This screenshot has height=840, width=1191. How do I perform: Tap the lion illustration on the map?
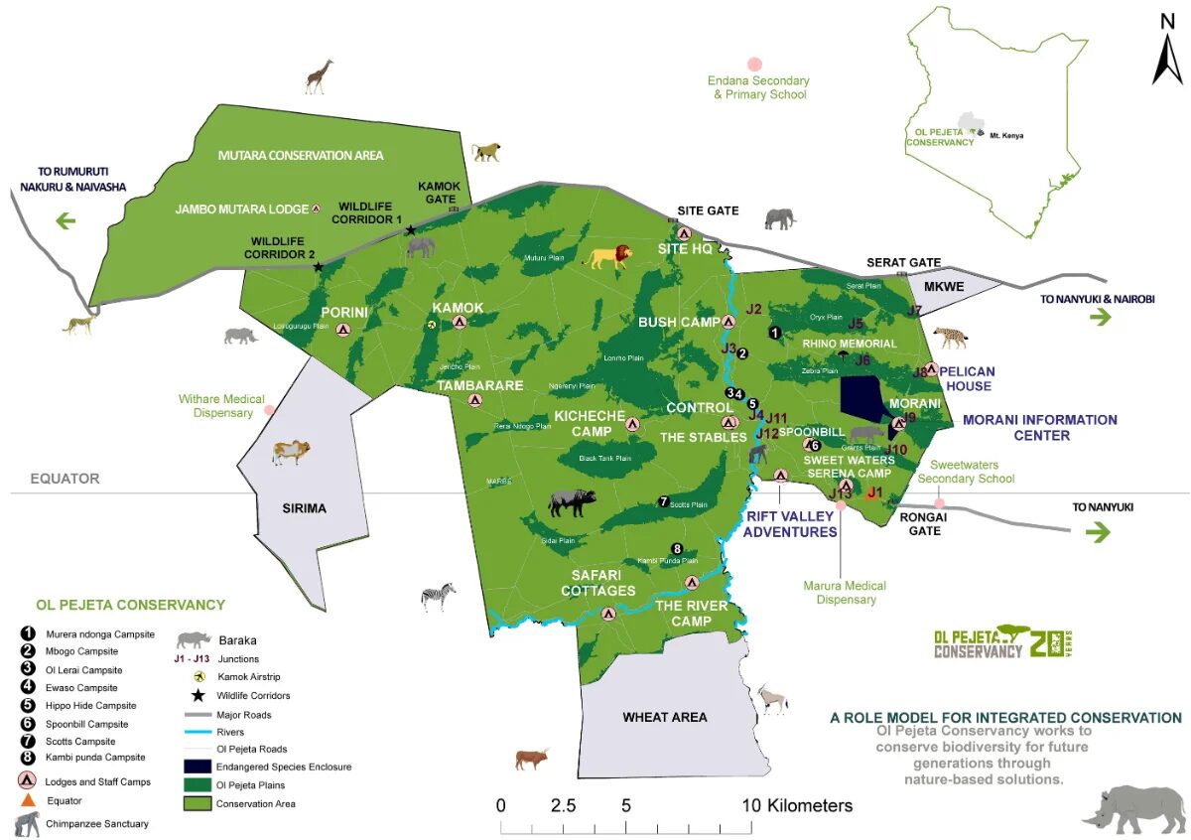pyautogui.click(x=608, y=257)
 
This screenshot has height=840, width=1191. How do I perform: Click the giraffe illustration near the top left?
pyautogui.click(x=319, y=76)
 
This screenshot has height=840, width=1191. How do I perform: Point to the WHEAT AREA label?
pyautogui.click(x=664, y=717)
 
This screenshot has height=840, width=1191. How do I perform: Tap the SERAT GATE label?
pyautogui.click(x=903, y=262)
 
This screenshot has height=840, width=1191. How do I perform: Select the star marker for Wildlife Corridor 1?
pyautogui.click(x=410, y=230)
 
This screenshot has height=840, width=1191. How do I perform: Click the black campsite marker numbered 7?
pyautogui.click(x=664, y=501)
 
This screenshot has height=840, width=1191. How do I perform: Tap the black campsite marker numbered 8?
pyautogui.click(x=677, y=549)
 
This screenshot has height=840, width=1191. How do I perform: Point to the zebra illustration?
pyautogui.click(x=439, y=596)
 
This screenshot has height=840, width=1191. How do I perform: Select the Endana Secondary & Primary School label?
pyautogui.click(x=758, y=87)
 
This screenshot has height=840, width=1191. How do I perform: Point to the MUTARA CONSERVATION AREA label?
pyautogui.click(x=300, y=155)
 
